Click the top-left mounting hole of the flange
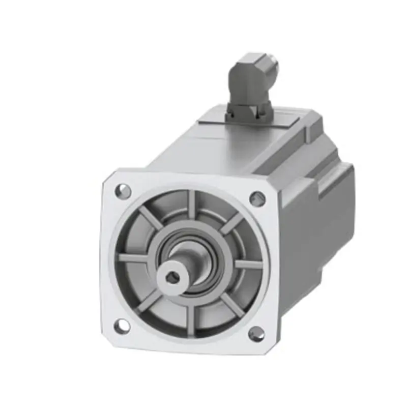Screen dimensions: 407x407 click(123, 191)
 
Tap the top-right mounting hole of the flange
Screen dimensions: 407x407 click(257, 198)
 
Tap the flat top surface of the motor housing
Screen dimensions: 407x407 click(214, 148)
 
